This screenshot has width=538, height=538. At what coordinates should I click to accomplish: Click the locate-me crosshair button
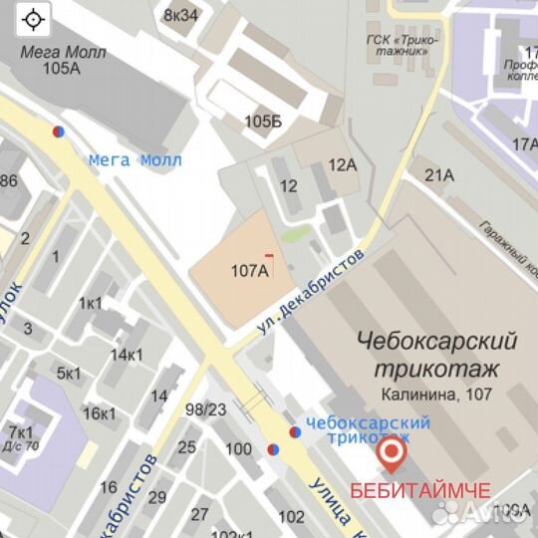pyautogui.click(x=34, y=19)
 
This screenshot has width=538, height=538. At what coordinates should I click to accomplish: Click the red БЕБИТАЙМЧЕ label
pyautogui.click(x=419, y=491)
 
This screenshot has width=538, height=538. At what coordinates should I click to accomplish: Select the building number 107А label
pyautogui.click(x=250, y=270)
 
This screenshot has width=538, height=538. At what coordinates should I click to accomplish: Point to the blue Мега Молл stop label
pyautogui.click(x=135, y=159)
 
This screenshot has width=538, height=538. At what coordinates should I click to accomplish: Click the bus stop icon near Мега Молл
pyautogui.click(x=60, y=131)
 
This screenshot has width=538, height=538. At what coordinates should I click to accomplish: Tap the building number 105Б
pyautogui.click(x=263, y=122)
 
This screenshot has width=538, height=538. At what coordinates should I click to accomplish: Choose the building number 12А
pyautogui.click(x=342, y=164)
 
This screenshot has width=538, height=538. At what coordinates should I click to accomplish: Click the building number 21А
pyautogui.click(x=439, y=175)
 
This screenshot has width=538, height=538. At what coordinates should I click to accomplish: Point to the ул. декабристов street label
pyautogui.click(x=311, y=292)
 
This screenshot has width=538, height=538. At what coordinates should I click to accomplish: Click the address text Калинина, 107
pyautogui.click(x=435, y=395)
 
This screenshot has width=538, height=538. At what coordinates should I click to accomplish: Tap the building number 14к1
pyautogui.click(x=127, y=355)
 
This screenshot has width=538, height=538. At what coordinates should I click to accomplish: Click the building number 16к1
pyautogui.click(x=100, y=413)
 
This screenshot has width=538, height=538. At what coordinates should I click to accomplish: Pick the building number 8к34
pyautogui.click(x=180, y=14)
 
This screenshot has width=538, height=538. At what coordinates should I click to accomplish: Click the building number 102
pyautogui.click(x=291, y=516)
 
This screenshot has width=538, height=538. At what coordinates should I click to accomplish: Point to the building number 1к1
pyautogui.click(x=91, y=303)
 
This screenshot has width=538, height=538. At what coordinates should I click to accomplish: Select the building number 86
pyautogui.click(x=9, y=181)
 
